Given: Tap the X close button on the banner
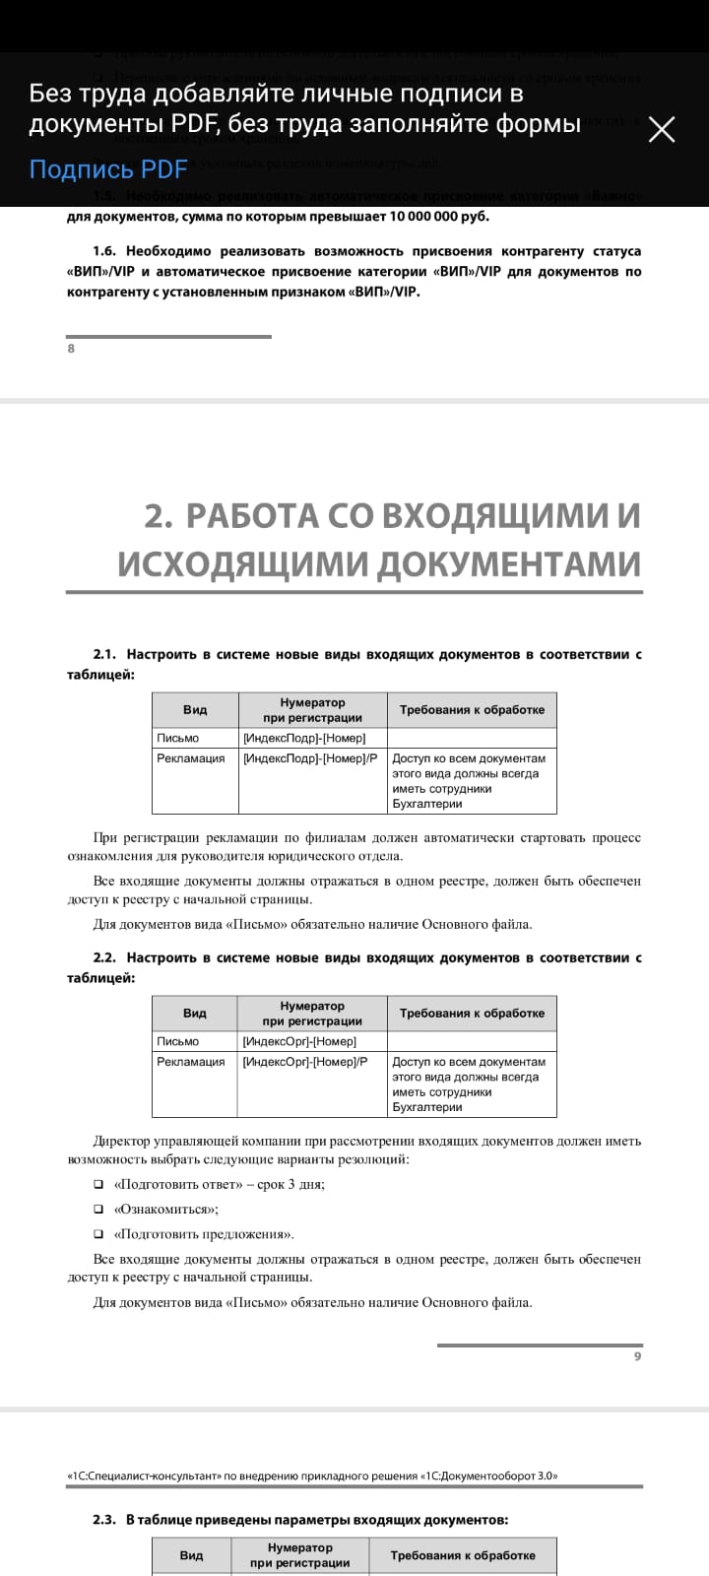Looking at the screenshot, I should click(x=662, y=129).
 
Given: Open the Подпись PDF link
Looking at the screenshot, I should click(x=107, y=169).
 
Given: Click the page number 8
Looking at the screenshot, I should click(x=71, y=348).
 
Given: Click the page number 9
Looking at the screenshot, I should click(x=637, y=1356).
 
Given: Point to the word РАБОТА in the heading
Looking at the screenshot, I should click(x=252, y=515).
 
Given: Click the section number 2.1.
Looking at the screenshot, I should click(x=104, y=654).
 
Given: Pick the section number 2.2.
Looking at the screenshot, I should click(x=104, y=957).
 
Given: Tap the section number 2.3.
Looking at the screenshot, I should click(x=104, y=1520).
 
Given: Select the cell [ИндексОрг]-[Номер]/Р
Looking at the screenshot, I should click(x=304, y=1062).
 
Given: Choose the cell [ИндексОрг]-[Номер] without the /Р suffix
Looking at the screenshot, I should click(x=298, y=1041).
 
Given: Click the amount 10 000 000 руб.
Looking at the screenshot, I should click(x=439, y=217).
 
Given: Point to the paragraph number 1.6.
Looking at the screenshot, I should click(x=104, y=251).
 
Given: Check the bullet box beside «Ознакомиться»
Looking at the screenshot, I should click(x=98, y=1210).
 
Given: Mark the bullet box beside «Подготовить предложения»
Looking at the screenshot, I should click(x=98, y=1234).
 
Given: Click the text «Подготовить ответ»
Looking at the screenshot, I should click(x=178, y=1185).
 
